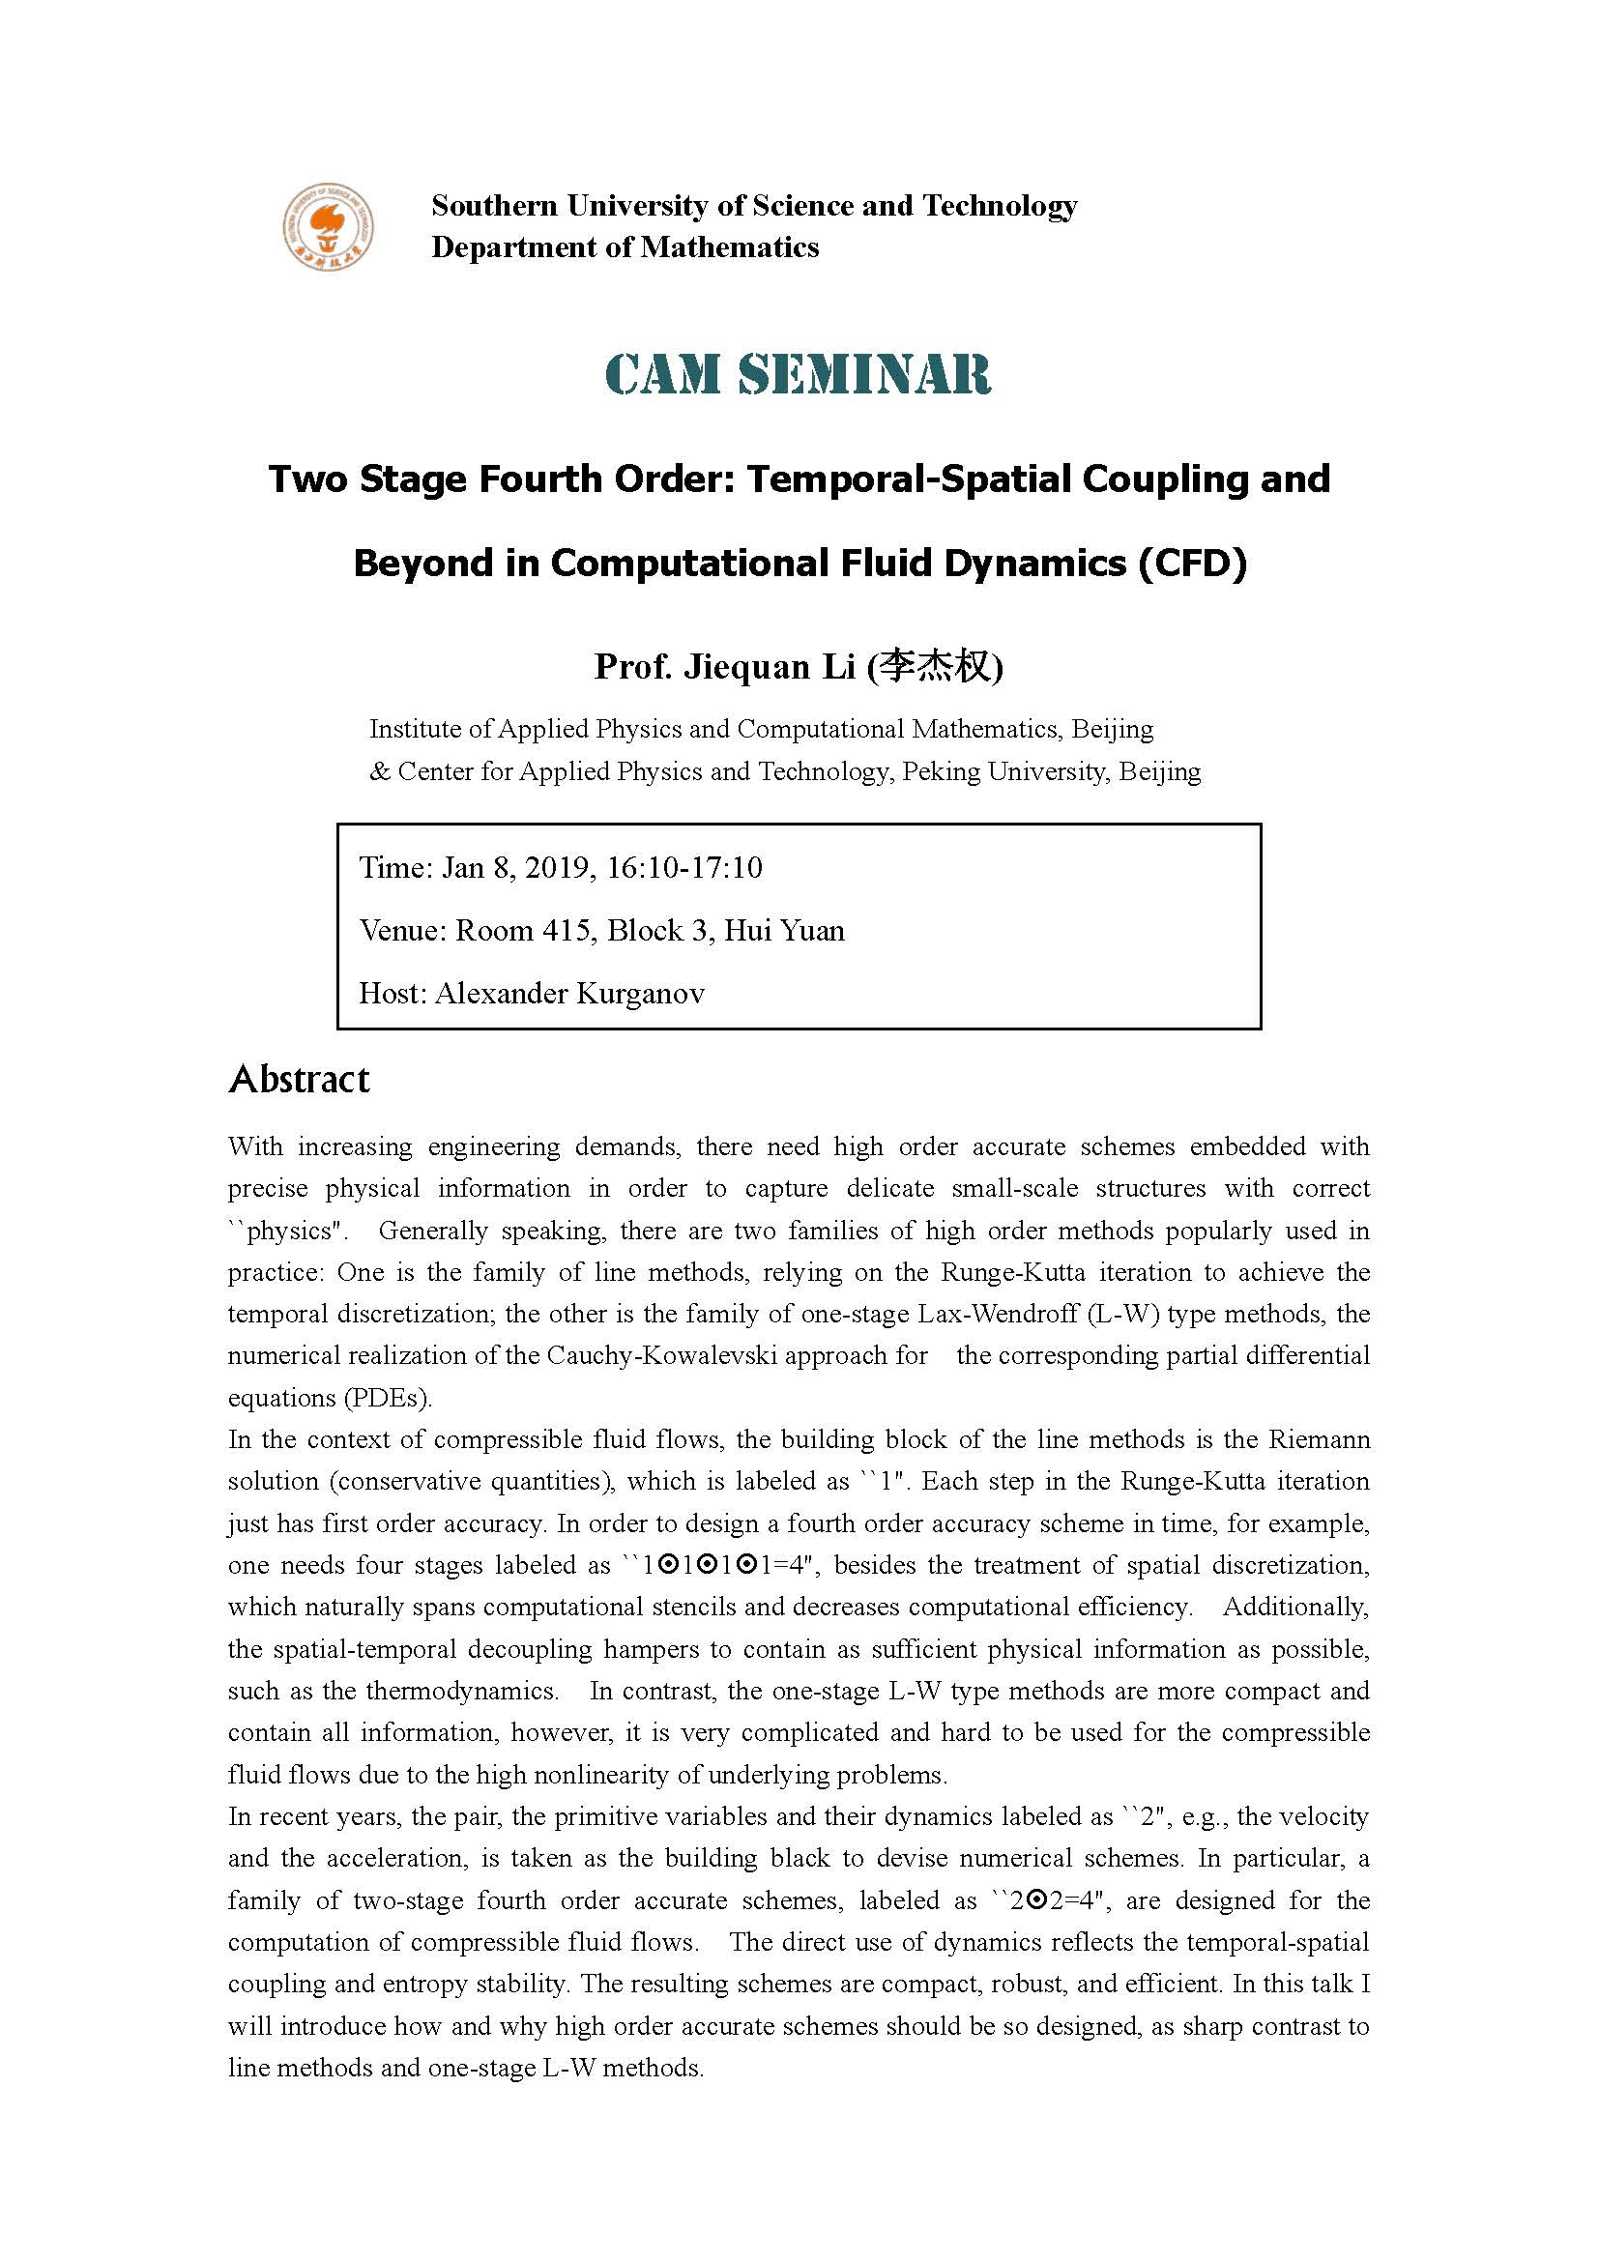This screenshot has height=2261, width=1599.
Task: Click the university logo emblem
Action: [328, 226]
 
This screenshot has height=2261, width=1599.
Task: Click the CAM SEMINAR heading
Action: [798, 375]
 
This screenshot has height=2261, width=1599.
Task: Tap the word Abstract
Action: [299, 1080]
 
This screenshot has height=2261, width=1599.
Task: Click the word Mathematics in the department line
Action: [730, 247]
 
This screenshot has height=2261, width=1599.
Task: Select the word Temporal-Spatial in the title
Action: [910, 479]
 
